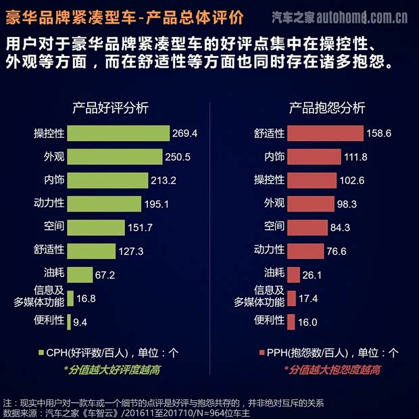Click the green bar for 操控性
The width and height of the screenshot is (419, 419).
[119, 133]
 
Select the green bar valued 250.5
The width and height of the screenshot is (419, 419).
[115, 157]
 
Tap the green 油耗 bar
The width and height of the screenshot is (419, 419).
[80, 274]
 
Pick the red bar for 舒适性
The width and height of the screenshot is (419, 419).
[325, 133]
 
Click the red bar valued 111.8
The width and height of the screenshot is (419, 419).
[314, 157]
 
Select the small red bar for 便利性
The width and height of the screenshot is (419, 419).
[291, 322]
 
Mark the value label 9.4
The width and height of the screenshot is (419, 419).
[80, 322]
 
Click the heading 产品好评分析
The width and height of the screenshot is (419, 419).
[111, 107]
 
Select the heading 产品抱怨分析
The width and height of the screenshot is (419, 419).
[327, 107]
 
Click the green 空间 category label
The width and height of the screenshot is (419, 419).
[54, 226]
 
